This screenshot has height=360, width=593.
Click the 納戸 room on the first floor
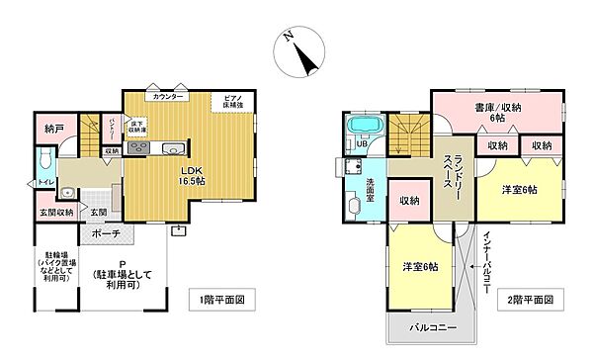click(54, 129)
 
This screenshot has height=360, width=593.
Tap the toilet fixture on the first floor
click(43, 160)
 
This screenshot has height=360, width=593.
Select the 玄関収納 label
click(57, 213)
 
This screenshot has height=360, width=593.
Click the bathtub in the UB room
click(365, 128)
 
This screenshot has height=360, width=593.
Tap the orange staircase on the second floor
click(404, 132)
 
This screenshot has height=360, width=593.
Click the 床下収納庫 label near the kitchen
click(139, 127)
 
